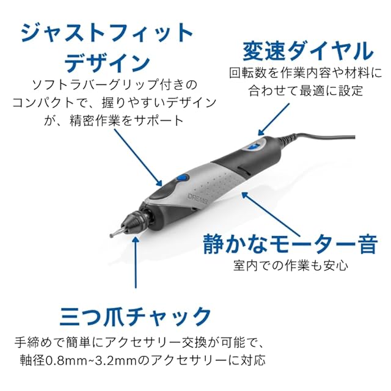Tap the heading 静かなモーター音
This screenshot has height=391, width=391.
click(x=290, y=244)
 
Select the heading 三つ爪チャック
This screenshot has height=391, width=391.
click(x=136, y=317)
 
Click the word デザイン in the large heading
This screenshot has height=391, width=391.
click(x=107, y=61)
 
